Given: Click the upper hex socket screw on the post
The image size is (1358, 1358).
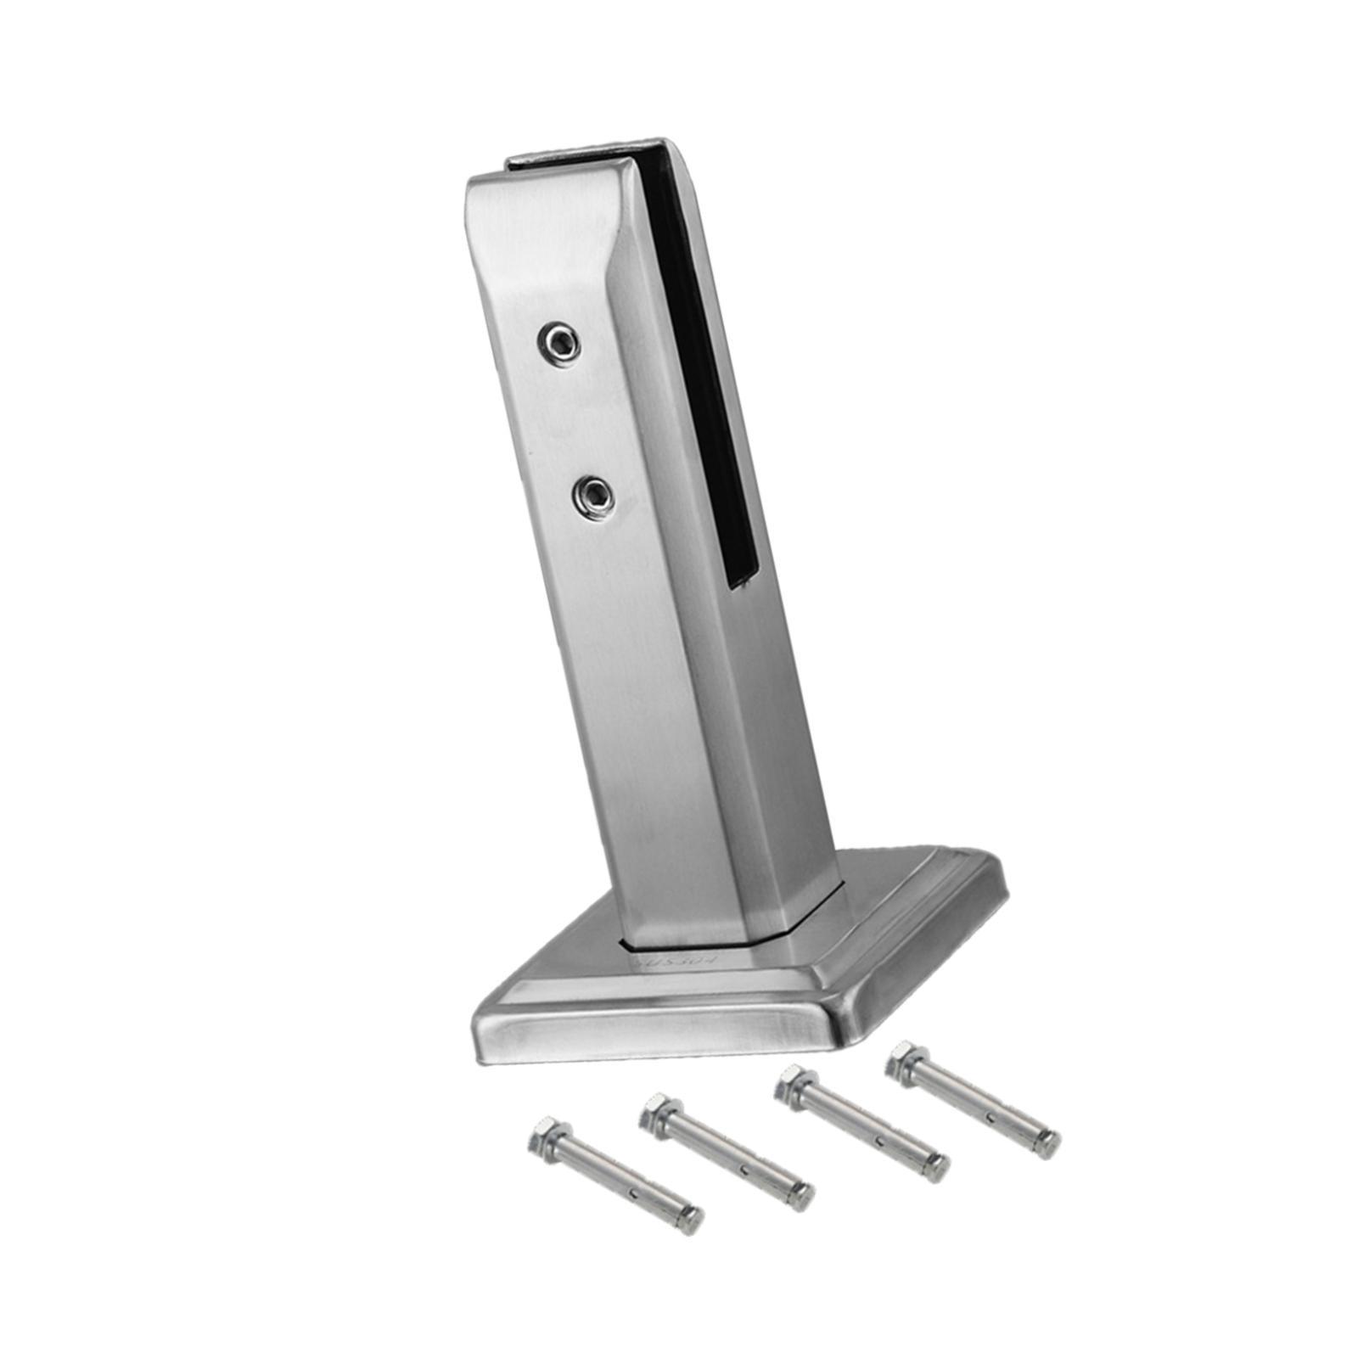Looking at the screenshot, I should (x=558, y=344).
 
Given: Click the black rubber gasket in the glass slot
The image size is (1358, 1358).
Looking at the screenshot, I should (x=692, y=365).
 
